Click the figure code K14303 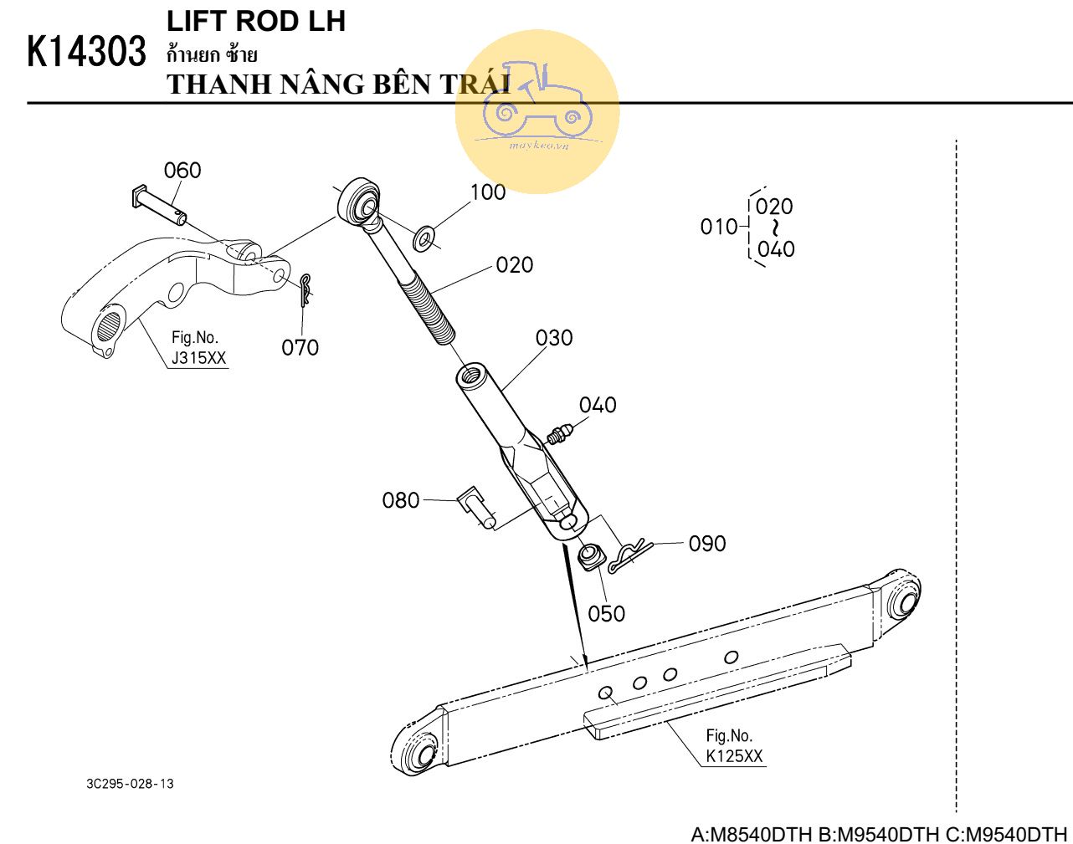coord(86,52)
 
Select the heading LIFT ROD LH coord(256,21)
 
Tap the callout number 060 coord(182,171)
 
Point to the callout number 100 coord(488,192)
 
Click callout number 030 coord(554,338)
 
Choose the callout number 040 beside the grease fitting coord(598,405)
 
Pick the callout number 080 coord(401,500)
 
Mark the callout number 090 coord(707,544)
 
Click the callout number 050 coord(606,614)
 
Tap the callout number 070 coord(300,347)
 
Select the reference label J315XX coord(198,359)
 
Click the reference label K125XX coord(734,756)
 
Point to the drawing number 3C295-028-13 coord(130,784)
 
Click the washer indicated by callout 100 coord(424,238)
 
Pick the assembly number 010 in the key coord(719,227)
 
